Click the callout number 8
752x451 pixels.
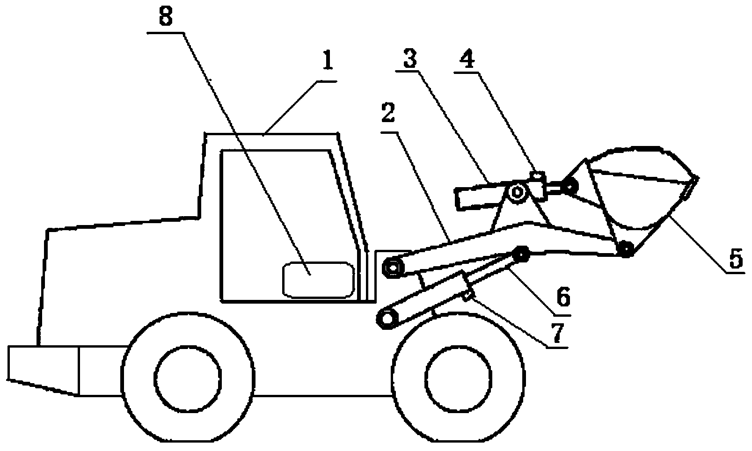pos(166,17)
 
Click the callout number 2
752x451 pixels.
pos(388,113)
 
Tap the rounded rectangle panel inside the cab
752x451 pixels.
pos(319,280)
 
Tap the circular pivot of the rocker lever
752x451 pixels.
pos(518,193)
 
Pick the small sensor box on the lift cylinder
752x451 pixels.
pos(469,295)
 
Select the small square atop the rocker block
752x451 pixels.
pos(537,176)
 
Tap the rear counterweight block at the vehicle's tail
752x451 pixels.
pos(44,371)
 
